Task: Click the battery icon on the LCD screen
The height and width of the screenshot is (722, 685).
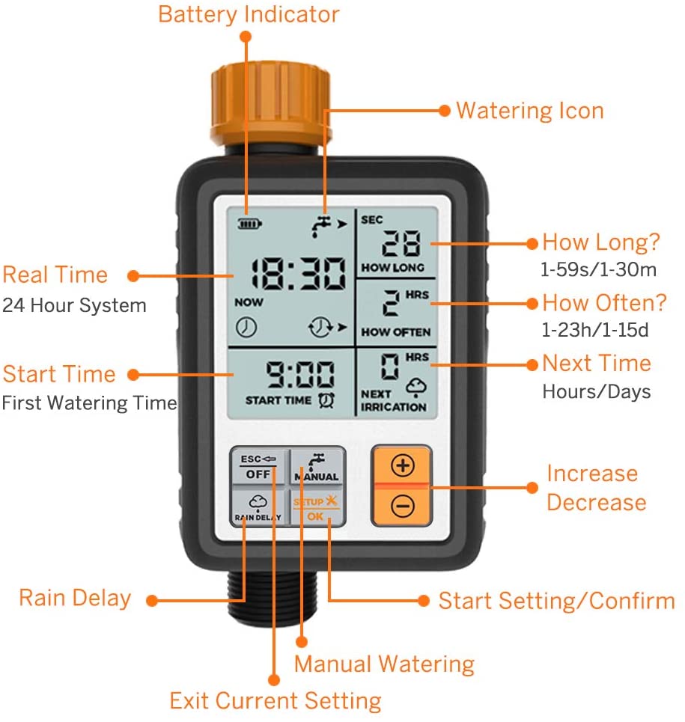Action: coord(249,224)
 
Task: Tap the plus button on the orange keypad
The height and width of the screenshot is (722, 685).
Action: coord(403,465)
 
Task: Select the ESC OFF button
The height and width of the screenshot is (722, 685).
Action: coord(259,467)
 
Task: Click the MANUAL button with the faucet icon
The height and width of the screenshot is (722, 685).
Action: coord(317,467)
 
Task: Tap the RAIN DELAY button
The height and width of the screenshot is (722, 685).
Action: coord(259,507)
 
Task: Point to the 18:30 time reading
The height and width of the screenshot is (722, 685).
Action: coord(298,274)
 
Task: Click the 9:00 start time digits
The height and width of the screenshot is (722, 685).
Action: coord(300,374)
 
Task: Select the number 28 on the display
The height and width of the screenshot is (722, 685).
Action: coord(401,242)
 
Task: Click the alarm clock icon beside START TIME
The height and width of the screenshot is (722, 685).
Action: coord(326,400)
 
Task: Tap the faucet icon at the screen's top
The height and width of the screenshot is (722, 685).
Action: coord(321,225)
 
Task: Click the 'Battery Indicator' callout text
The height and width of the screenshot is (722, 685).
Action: coord(249,14)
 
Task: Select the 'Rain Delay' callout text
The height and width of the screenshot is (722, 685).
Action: coord(75,598)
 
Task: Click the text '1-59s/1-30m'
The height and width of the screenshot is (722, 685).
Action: coord(598,269)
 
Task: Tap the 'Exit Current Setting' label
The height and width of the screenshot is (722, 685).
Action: coord(275,701)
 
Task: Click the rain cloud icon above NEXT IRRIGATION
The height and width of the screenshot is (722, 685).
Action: coord(416,387)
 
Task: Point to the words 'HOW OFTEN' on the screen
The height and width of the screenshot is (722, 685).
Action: coord(396,332)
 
